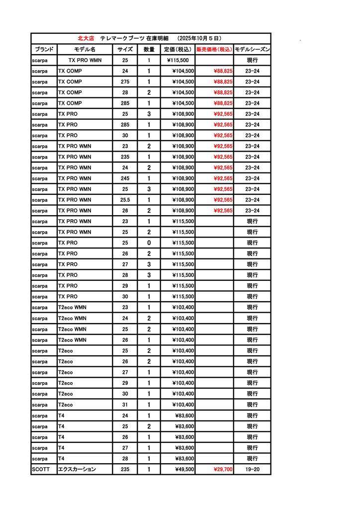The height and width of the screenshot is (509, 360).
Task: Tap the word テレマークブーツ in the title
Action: coord(122,38)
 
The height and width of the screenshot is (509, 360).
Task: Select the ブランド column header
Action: coord(44,49)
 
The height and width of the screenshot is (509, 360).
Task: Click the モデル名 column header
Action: coord(85,49)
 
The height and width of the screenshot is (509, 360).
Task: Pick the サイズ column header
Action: coord(125,49)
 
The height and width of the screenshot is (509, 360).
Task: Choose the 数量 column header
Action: coord(149,49)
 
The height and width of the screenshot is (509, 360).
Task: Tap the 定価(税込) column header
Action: coord(178,49)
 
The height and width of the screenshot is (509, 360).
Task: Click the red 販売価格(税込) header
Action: coord(214,49)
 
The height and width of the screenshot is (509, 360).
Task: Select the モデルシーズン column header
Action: coord(252,49)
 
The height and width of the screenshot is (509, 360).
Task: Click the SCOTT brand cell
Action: coord(40,469)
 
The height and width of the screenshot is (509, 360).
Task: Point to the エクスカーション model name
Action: coord(77,469)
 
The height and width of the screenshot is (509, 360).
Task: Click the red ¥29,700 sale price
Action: coord(223,469)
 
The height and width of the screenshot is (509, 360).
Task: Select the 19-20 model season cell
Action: coord(252,469)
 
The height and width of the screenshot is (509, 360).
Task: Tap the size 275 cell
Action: coord(125,82)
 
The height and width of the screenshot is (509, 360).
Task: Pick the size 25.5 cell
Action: coord(125,200)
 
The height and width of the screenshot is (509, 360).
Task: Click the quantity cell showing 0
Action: coord(149,243)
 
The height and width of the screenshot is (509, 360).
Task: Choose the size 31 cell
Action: coord(125,405)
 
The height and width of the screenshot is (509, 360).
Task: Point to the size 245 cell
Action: coord(125,178)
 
